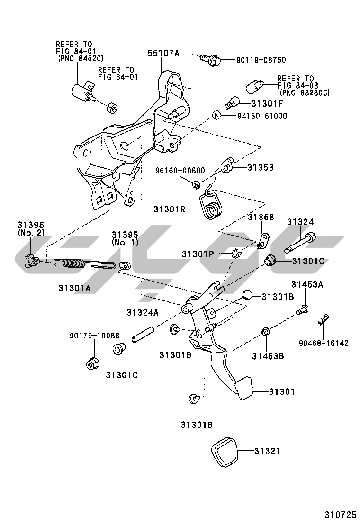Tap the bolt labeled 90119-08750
(x=211, y=60)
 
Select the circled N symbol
(x=216, y=115)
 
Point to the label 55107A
(x=163, y=53)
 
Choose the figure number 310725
(x=340, y=515)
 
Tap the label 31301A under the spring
(x=74, y=288)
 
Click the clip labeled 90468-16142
(x=324, y=319)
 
